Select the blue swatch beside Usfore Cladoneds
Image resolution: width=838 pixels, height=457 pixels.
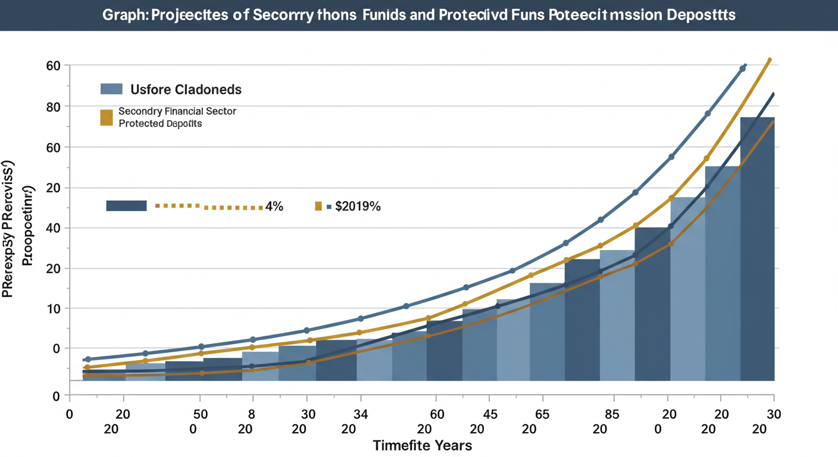pyautogui.click(x=111, y=89)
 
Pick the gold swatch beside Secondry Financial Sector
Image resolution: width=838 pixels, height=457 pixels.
pyautogui.click(x=107, y=117)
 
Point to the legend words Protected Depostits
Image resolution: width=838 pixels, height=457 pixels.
pyautogui.click(x=160, y=124)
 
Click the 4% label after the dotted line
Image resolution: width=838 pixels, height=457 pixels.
pyautogui.click(x=274, y=206)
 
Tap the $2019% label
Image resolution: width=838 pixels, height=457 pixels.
pyautogui.click(x=358, y=206)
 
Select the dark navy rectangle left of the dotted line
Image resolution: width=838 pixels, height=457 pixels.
pyautogui.click(x=126, y=206)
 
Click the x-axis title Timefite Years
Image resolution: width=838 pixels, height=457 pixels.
pyautogui.click(x=422, y=445)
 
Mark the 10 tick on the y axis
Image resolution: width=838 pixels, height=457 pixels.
pyautogui.click(x=54, y=309)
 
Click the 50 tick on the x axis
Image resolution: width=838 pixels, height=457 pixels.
pyautogui.click(x=201, y=414)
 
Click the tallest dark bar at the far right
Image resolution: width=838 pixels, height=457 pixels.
pyautogui.click(x=757, y=250)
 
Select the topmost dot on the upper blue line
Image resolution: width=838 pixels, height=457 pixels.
pyautogui.click(x=742, y=69)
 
